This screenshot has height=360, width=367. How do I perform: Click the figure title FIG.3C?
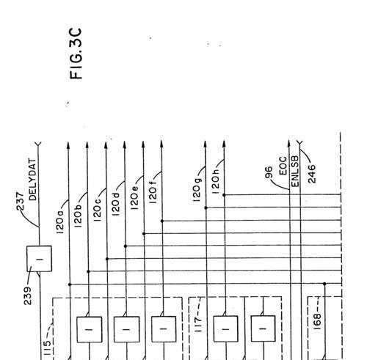76,54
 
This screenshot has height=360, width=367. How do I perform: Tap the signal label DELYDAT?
32,180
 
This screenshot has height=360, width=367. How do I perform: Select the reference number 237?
21,202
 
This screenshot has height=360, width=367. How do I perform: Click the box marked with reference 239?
39,259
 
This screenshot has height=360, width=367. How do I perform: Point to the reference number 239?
28,295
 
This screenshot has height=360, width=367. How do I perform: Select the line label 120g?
197,190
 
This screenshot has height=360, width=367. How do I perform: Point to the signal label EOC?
283,166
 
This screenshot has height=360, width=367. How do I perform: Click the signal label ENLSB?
295,171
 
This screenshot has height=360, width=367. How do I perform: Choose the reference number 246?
312,174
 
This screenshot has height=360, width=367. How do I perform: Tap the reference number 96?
269,172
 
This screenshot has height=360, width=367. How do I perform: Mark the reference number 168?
316,322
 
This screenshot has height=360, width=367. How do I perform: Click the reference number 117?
198,325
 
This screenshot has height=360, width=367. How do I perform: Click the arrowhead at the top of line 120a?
68,145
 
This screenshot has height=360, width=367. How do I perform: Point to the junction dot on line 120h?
224,195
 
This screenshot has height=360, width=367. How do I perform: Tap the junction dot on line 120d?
126,246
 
